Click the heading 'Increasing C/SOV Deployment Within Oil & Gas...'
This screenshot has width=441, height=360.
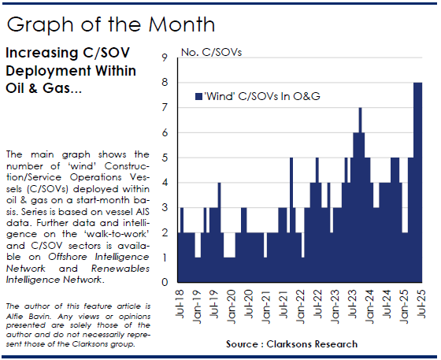(71, 70)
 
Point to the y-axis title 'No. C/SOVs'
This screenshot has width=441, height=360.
(212, 52)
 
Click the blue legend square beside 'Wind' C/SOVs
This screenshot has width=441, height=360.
(198, 96)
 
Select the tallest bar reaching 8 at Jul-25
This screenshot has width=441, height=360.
(418, 181)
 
